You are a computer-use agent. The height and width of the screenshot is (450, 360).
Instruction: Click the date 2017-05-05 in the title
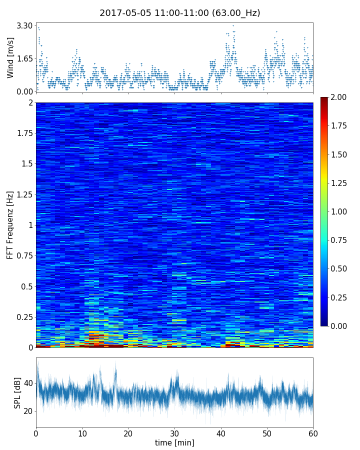coord(123,13)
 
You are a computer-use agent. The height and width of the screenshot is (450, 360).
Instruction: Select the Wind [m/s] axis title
coord(10,57)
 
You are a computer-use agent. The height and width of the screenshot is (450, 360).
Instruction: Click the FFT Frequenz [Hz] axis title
coord(10,224)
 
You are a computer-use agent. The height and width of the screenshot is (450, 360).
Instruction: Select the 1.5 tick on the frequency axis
coord(27,164)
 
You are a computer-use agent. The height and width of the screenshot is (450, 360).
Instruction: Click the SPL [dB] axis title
coord(17,392)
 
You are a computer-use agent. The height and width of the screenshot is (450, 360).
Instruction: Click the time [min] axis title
coord(174,442)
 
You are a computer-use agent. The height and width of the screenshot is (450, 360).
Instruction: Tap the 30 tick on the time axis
coord(174,432)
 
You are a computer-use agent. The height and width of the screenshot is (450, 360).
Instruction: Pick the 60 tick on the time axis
coord(313,432)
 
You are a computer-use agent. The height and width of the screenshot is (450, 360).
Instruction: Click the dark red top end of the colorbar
coord(324,99)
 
